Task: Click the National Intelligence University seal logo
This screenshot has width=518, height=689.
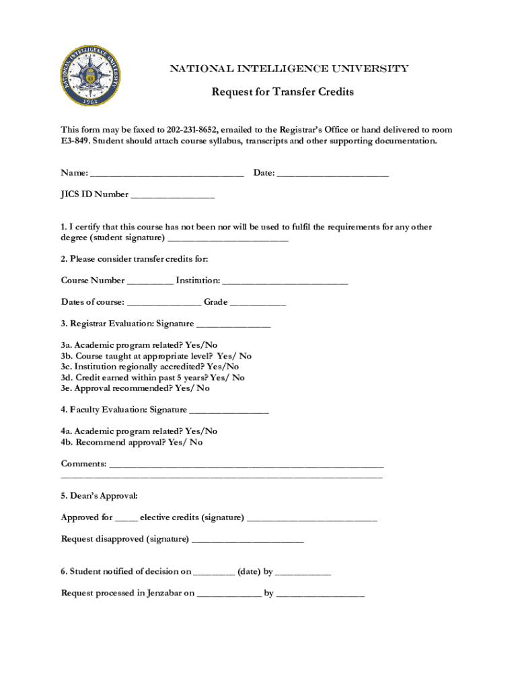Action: click(x=92, y=77)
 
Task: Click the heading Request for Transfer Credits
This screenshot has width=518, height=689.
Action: click(x=283, y=92)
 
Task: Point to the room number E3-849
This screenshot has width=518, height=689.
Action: click(x=75, y=141)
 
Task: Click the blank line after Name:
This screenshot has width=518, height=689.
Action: click(x=166, y=174)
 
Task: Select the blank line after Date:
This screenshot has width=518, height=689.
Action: click(x=332, y=174)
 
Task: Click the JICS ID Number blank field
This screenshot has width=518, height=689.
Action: click(x=172, y=196)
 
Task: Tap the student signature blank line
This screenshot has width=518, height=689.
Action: click(x=227, y=239)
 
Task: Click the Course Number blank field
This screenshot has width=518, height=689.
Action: click(x=149, y=281)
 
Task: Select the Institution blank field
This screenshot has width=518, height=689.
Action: click(x=285, y=281)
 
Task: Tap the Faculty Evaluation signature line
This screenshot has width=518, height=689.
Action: click(x=229, y=410)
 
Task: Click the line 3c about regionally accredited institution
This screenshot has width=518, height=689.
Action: click(x=149, y=367)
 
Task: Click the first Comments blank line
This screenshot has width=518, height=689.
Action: click(x=246, y=465)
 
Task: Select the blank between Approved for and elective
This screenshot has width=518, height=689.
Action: click(x=126, y=519)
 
